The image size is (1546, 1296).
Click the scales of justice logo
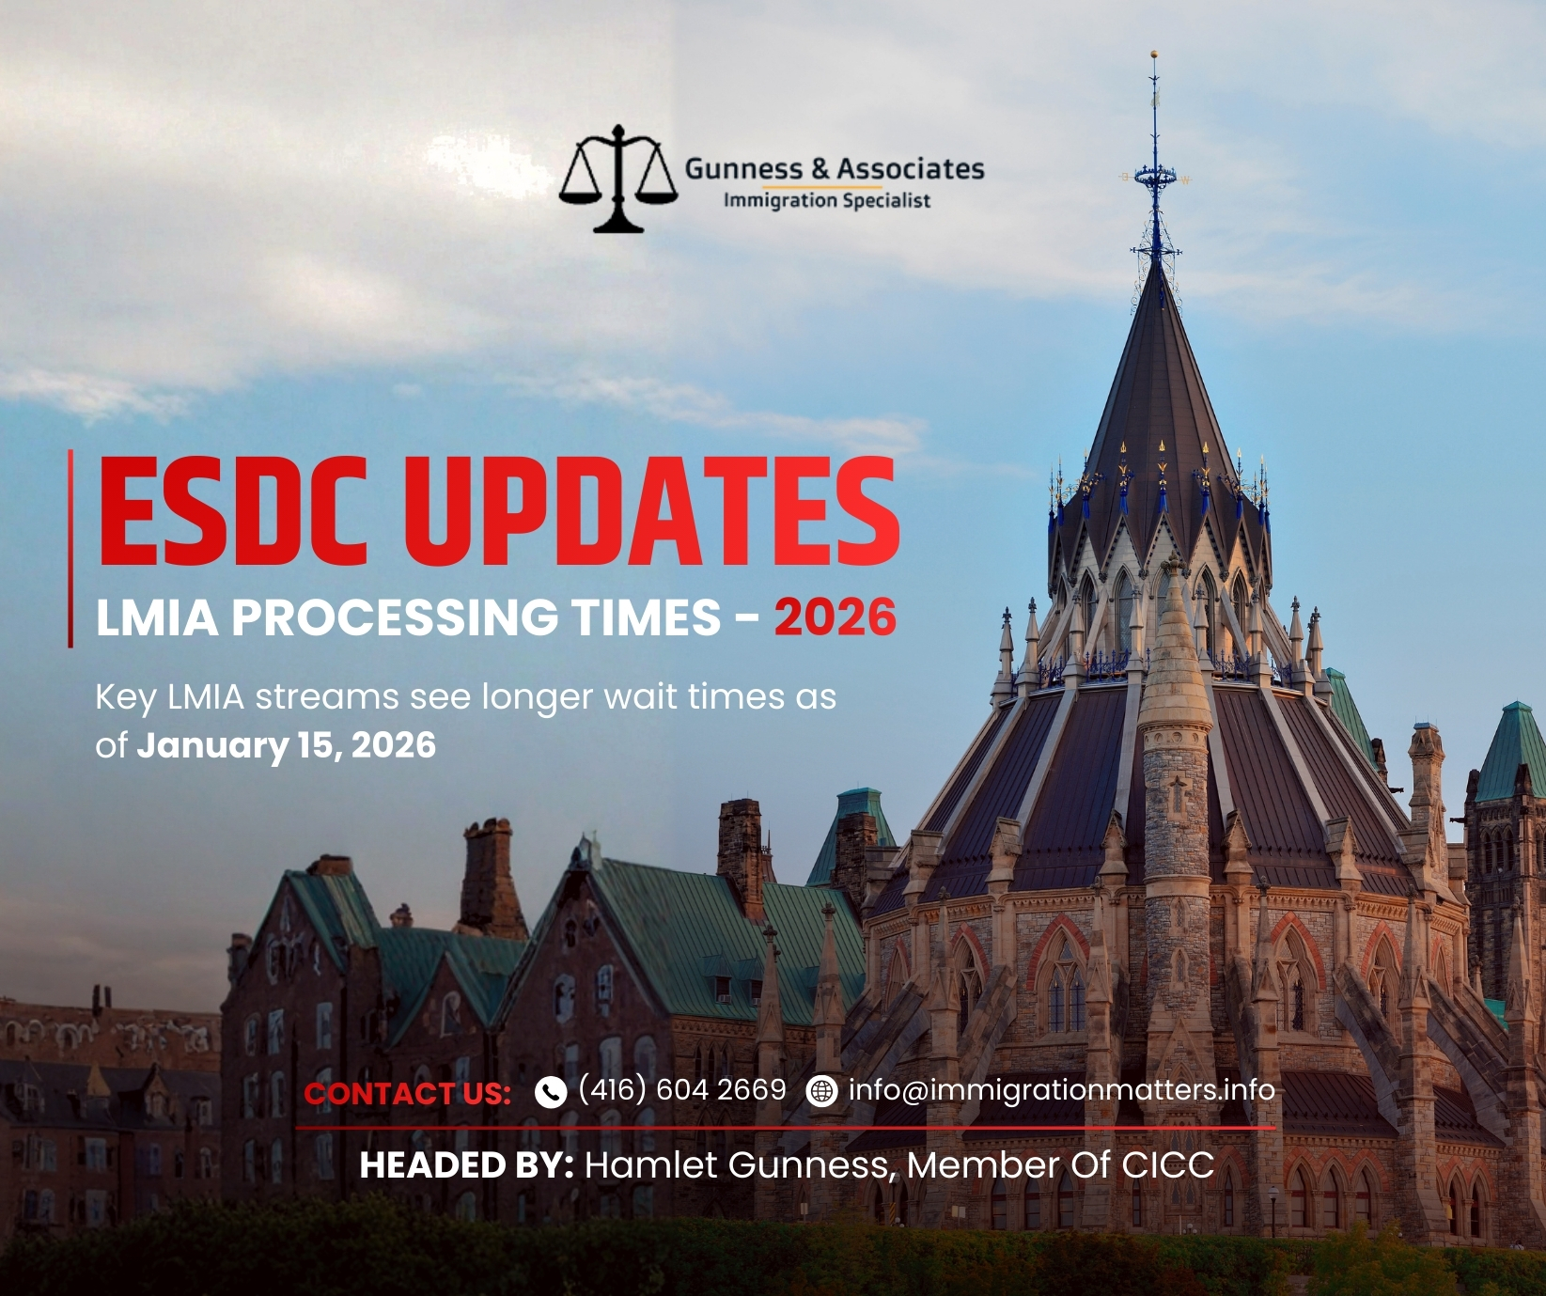tap(617, 179)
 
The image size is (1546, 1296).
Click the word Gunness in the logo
tap(743, 169)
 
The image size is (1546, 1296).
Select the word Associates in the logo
tap(911, 169)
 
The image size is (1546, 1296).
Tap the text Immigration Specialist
tap(827, 200)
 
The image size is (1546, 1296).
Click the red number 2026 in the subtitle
tap(835, 617)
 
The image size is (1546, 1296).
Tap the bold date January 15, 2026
tap(287, 745)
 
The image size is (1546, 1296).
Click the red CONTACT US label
tap(407, 1094)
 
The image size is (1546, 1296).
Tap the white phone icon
tap(550, 1091)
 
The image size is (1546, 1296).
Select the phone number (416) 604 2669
tap(682, 1089)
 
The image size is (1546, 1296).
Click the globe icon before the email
tap(821, 1091)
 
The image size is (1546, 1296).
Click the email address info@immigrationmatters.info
tap(1062, 1090)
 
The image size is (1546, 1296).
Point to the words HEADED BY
tap(466, 1165)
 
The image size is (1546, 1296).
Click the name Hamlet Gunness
tap(738, 1165)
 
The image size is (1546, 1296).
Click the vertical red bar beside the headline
tap(70, 549)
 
